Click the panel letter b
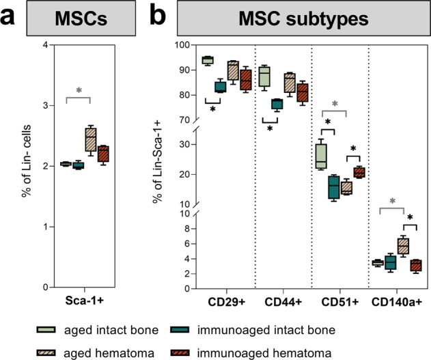coord(156,16)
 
